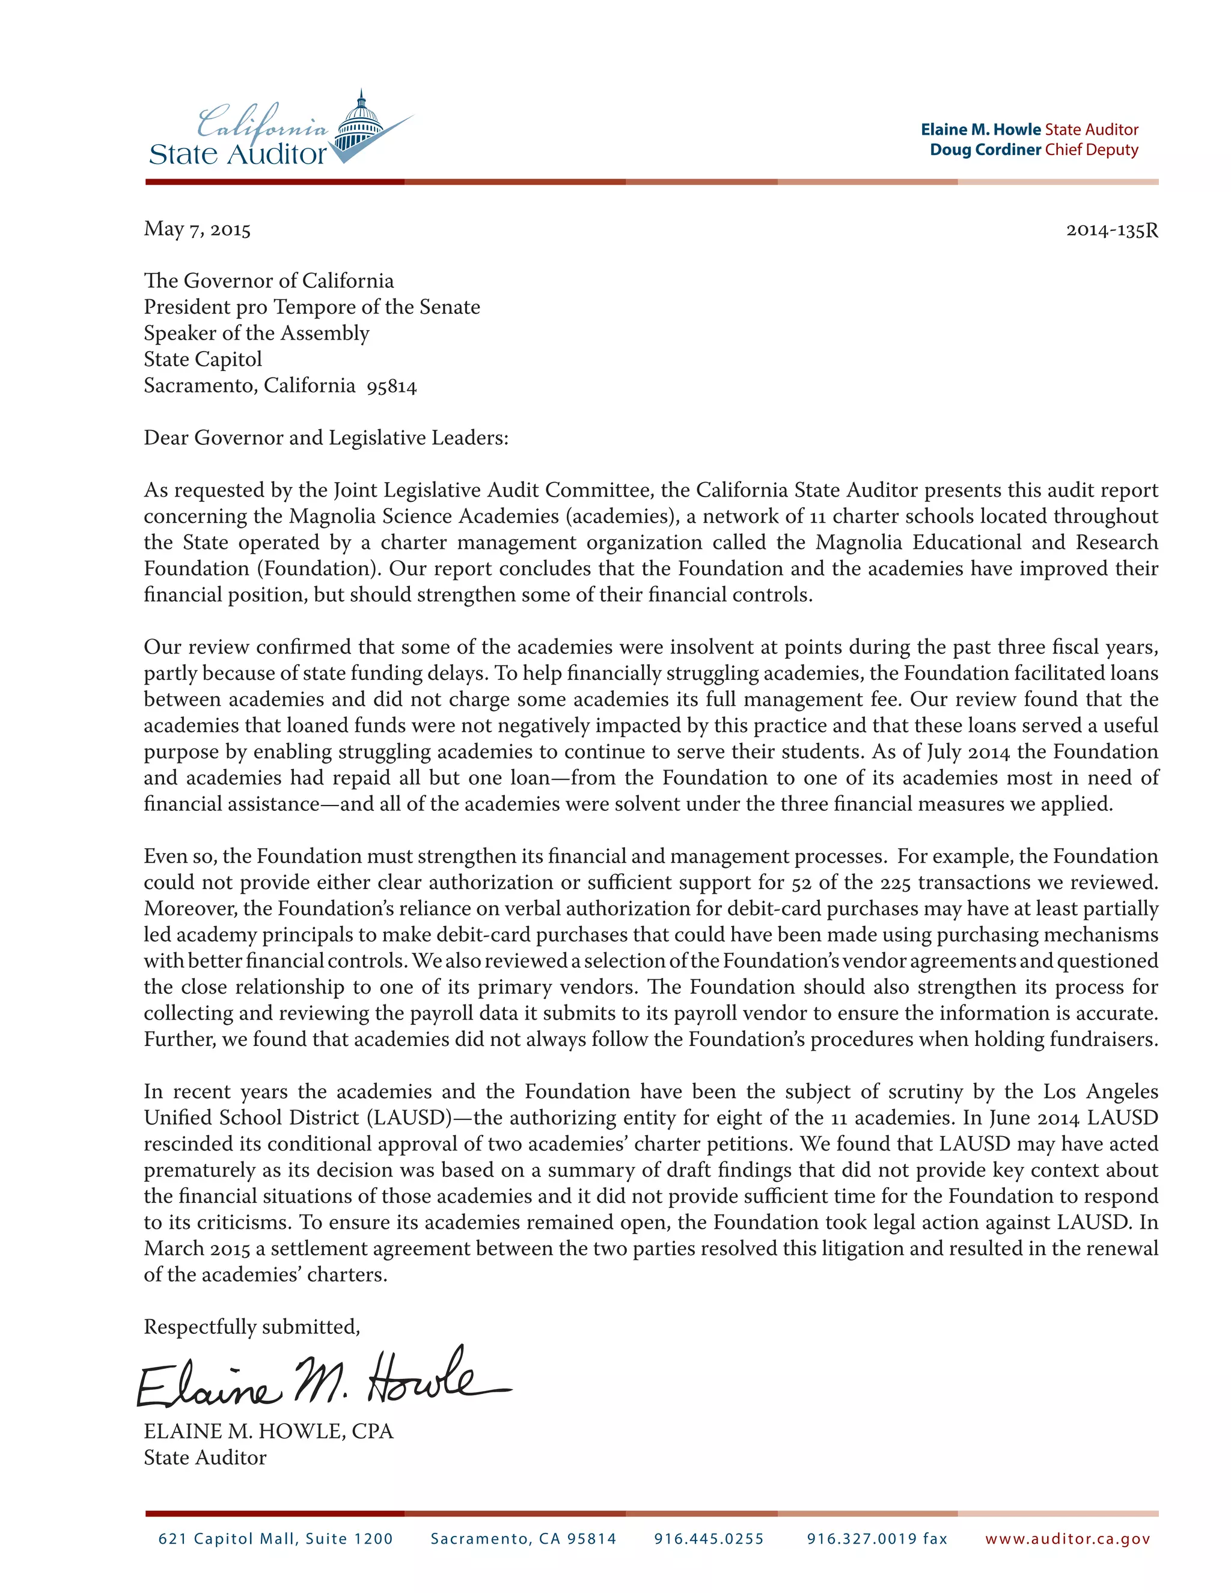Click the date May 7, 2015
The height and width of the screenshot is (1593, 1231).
coord(197,230)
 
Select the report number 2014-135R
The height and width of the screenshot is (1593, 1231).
coord(1111,230)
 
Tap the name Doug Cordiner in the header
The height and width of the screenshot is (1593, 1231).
coord(985,150)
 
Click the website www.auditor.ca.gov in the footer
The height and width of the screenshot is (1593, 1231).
coord(1067,1539)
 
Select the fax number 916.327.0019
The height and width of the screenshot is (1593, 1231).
coord(876,1539)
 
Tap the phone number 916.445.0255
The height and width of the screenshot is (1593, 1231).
coord(708,1539)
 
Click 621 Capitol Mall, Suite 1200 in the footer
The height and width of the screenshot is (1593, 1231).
coord(276,1539)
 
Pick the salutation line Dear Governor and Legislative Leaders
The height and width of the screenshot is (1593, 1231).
coord(325,438)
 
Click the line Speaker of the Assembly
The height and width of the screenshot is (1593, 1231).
coord(256,334)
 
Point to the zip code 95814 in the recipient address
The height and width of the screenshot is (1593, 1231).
coord(392,387)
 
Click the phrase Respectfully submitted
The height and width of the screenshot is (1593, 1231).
coord(252,1327)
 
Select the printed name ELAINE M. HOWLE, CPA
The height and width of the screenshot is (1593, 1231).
coord(268,1432)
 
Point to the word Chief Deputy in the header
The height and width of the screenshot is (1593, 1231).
coord(1091,150)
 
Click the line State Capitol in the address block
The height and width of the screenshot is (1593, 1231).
coord(203,359)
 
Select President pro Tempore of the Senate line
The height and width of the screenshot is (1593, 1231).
coord(311,307)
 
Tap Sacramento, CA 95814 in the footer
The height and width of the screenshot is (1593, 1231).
coord(523,1539)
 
